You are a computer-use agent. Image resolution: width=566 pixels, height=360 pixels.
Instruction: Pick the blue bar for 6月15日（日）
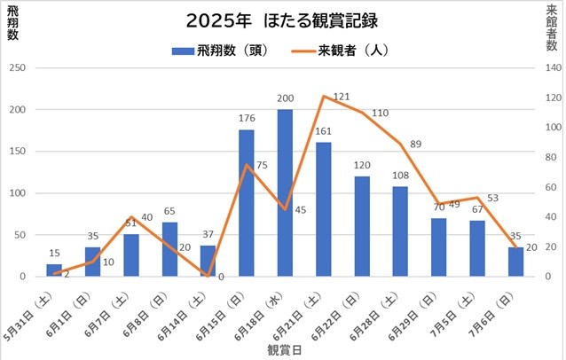click(247, 203)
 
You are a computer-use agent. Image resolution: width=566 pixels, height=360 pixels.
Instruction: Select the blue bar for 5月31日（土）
click(54, 270)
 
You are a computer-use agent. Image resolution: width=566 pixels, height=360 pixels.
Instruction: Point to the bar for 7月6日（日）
click(516, 262)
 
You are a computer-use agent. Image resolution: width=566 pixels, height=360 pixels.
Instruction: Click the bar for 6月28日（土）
click(401, 231)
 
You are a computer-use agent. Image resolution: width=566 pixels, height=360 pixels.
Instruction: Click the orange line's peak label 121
click(342, 96)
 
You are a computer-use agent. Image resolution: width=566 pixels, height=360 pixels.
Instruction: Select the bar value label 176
click(247, 119)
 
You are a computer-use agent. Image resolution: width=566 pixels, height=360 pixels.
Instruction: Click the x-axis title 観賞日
click(285, 349)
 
